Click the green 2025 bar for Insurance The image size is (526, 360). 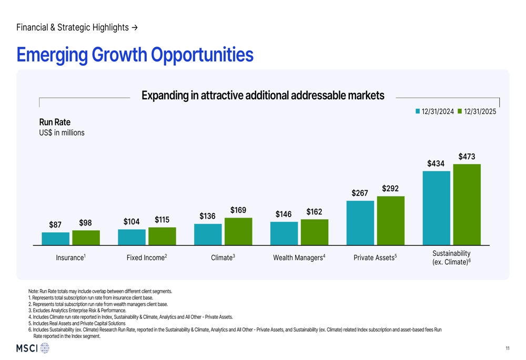click(86, 238)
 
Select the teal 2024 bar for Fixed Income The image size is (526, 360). click(131, 237)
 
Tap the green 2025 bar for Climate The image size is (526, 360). click(238, 231)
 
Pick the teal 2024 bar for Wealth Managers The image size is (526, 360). click(284, 233)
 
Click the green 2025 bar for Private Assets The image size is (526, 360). click(391, 221)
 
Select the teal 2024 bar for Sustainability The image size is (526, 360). click(437, 208)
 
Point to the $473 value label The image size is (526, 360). click(467, 157)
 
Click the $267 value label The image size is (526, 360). click(360, 193)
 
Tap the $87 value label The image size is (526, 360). click(55, 225)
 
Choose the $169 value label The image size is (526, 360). click(238, 210)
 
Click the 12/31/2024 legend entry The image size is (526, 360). click(434, 111)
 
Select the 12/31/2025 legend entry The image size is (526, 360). click(477, 111)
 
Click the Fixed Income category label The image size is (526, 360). click(147, 258)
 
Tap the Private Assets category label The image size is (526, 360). click(375, 258)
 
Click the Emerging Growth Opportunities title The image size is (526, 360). click(135, 55)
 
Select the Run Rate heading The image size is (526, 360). click(55, 122)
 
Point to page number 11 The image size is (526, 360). click(508, 348)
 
